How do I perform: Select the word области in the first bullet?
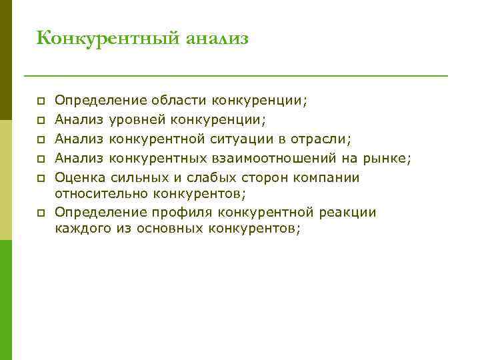coord(179,101)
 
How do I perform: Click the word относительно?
coord(101,194)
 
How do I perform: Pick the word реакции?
coord(347,213)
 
